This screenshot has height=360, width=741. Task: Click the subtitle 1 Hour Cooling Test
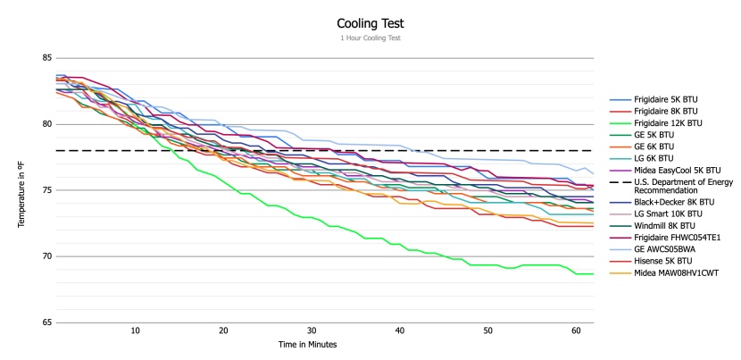point(370,38)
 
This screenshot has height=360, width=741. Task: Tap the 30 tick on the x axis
point(311,331)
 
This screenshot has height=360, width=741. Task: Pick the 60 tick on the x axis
point(575,331)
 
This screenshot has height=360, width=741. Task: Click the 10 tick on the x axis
point(135,331)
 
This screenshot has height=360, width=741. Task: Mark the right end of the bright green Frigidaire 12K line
point(594,274)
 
